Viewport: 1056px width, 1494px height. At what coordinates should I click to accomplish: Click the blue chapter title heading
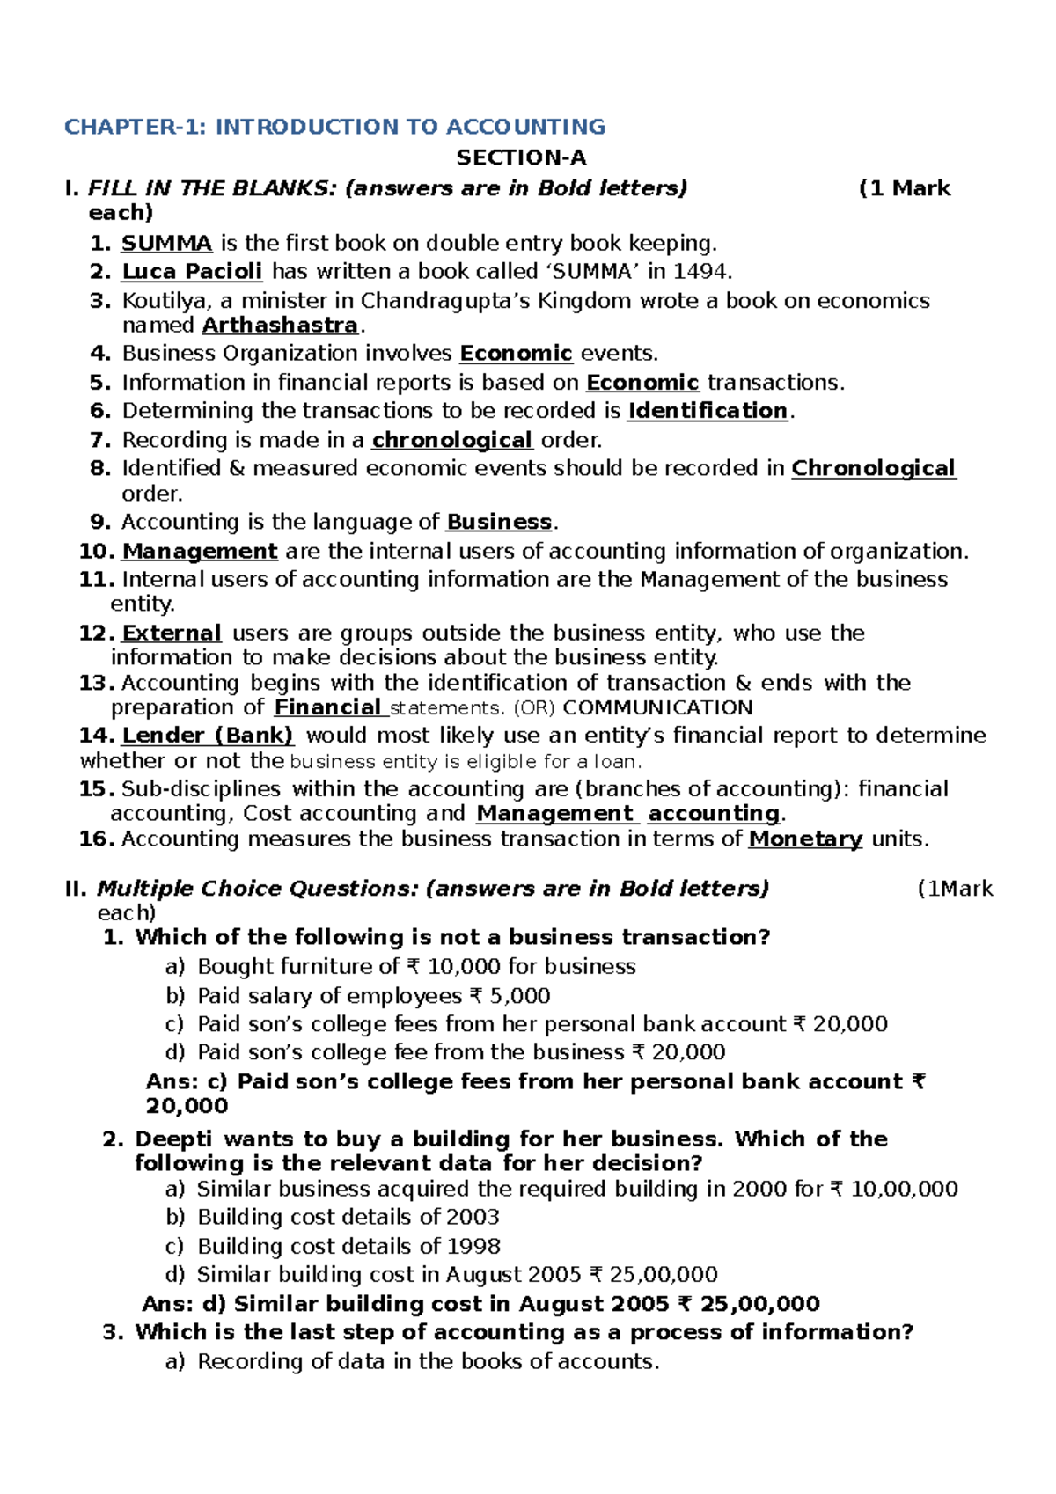[334, 127]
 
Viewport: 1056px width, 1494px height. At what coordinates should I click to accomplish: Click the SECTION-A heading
[521, 157]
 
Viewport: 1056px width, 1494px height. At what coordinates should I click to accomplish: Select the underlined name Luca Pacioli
[192, 271]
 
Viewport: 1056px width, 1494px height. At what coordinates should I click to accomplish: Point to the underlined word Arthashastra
[280, 325]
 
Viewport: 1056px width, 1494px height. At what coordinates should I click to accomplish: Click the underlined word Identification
[707, 411]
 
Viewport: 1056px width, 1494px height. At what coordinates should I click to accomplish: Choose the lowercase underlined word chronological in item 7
[451, 440]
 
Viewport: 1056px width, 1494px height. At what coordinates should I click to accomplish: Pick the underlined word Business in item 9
[498, 522]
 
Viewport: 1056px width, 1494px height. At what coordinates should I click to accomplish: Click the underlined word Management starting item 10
[200, 552]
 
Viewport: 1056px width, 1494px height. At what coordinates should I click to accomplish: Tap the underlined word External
[172, 633]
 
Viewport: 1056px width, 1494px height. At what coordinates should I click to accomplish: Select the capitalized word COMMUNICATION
[657, 707]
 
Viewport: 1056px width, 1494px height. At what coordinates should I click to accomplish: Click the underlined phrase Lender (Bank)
[207, 736]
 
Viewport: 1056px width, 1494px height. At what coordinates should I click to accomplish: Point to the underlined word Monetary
[804, 839]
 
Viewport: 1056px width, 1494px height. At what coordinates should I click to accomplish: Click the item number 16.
[96, 839]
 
